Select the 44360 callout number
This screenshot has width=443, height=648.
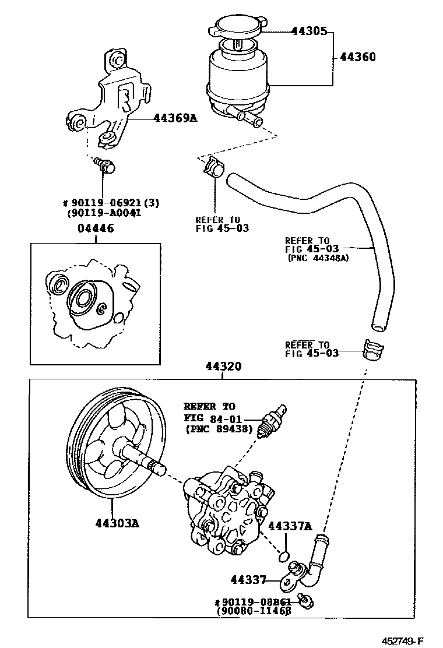(x=357, y=57)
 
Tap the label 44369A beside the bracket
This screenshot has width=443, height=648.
(x=175, y=118)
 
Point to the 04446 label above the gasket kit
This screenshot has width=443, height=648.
(x=96, y=228)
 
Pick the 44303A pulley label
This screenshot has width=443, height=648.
(x=117, y=523)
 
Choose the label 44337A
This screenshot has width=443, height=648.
(x=290, y=526)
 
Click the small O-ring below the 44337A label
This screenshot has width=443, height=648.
(x=284, y=555)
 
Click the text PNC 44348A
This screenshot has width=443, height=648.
(x=318, y=258)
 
